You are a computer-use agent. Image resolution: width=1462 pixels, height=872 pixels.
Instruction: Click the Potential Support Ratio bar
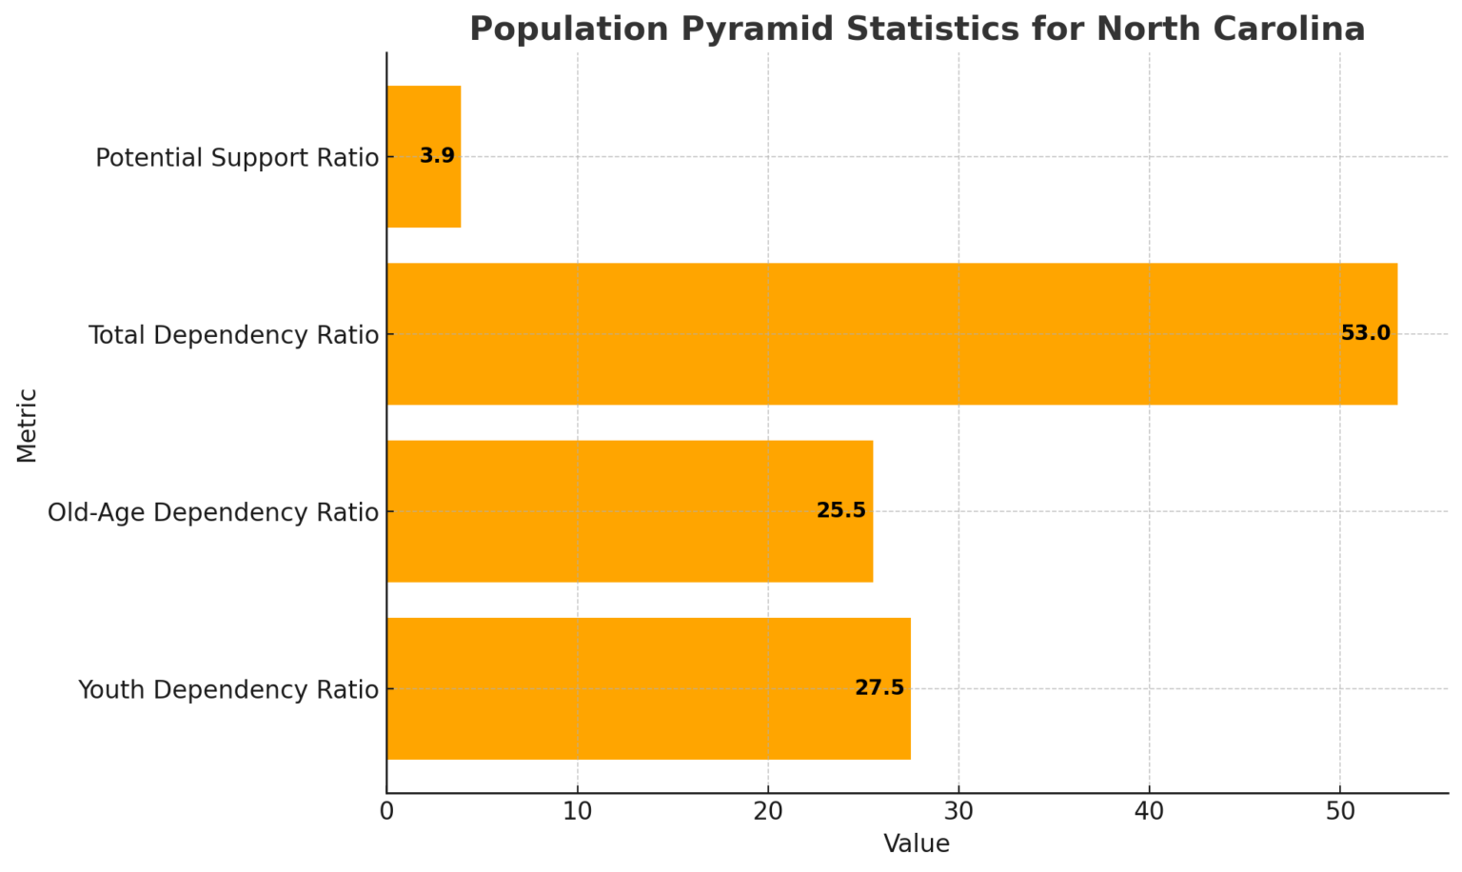424,157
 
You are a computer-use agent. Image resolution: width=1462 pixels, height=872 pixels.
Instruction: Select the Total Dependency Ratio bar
891,334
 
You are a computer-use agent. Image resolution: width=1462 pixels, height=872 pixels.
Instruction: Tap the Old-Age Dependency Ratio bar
629,511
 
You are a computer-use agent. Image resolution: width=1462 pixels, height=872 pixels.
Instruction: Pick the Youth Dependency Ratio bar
648,688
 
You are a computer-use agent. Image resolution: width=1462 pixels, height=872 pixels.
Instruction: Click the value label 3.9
437,156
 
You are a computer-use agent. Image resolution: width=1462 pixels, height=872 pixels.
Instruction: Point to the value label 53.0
1365,333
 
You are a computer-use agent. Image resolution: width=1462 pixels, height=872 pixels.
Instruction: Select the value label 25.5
840,510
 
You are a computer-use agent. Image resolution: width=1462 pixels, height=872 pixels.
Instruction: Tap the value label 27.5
879,687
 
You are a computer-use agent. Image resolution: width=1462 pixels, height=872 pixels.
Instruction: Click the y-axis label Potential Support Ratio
237,158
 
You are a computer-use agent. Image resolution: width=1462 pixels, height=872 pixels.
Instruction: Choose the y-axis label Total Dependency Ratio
233,335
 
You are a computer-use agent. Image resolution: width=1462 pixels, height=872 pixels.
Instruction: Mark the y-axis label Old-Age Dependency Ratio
213,512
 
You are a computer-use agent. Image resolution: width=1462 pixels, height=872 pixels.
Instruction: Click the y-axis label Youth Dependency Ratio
228,689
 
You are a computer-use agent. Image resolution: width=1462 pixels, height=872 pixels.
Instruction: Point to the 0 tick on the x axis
386,812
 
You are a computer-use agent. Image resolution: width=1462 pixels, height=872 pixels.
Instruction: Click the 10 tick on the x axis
577,812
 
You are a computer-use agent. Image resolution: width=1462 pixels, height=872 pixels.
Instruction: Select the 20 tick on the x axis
768,812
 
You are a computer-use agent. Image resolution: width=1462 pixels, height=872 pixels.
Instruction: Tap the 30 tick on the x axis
958,812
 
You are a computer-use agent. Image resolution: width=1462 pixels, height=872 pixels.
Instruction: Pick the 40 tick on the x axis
1149,812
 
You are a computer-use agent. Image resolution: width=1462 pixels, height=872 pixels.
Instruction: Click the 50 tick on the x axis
1340,812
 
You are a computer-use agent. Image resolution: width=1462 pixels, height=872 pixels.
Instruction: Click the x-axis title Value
917,844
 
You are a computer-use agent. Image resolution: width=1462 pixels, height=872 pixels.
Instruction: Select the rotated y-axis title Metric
27,425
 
